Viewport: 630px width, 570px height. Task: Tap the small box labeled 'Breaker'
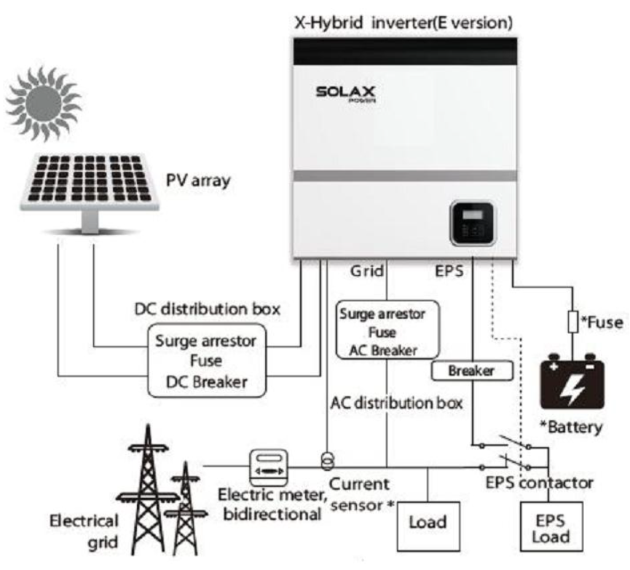point(471,371)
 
